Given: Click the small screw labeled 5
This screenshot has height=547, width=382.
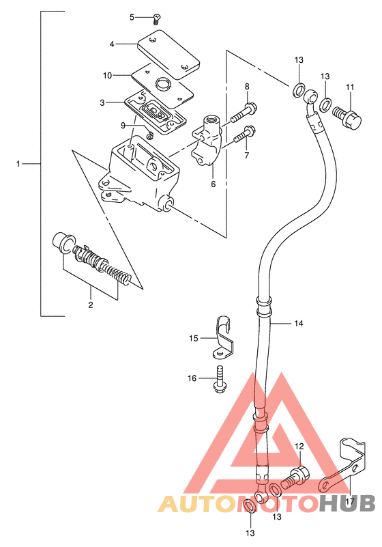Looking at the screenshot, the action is pyautogui.click(x=157, y=19).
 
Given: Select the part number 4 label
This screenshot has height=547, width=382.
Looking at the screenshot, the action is pyautogui.click(x=112, y=44).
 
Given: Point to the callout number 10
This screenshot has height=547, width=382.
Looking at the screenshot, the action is pyautogui.click(x=107, y=75).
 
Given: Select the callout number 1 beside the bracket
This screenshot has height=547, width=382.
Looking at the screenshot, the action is pyautogui.click(x=18, y=164).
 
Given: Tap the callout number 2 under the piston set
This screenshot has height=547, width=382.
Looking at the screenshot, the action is pyautogui.click(x=91, y=305).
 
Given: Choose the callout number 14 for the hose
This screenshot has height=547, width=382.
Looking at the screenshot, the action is pyautogui.click(x=299, y=324).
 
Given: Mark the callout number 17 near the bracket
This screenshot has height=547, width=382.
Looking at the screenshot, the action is pyautogui.click(x=350, y=502).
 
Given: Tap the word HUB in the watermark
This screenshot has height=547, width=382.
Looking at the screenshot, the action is pyautogui.click(x=347, y=504).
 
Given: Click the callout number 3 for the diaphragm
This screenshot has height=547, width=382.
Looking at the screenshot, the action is pyautogui.click(x=102, y=102).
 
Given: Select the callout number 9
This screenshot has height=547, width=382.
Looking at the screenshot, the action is pyautogui.click(x=123, y=126).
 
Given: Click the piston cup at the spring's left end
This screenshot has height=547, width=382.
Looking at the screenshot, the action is pyautogui.click(x=63, y=242).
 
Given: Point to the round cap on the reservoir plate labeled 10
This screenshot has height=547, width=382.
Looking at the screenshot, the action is pyautogui.click(x=164, y=84).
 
